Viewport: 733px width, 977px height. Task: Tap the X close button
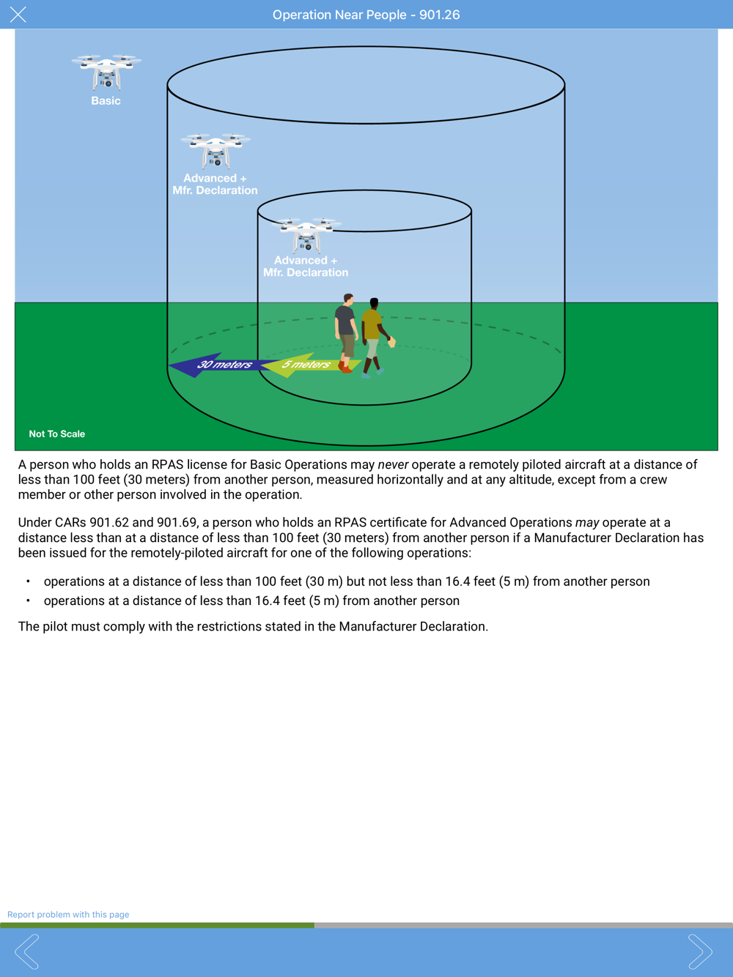(x=18, y=15)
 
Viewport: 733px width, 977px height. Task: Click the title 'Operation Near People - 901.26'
(x=366, y=15)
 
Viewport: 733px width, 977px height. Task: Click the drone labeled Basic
(x=106, y=72)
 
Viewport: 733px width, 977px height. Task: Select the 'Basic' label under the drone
(x=106, y=101)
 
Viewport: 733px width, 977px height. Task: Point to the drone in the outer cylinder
(x=216, y=150)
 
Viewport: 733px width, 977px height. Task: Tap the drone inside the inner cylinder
(x=306, y=234)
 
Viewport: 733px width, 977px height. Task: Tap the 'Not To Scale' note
(x=56, y=434)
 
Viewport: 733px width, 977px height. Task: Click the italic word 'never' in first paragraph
(x=393, y=464)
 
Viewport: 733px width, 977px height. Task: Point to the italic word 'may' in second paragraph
(x=586, y=523)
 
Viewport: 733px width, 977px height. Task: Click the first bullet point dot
(x=28, y=582)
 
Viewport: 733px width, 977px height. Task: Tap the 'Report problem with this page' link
(x=68, y=915)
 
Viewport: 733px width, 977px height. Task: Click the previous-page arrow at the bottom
(x=26, y=951)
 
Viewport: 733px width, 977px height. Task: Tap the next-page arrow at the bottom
(x=699, y=951)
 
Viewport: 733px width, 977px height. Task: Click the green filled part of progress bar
(x=157, y=926)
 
